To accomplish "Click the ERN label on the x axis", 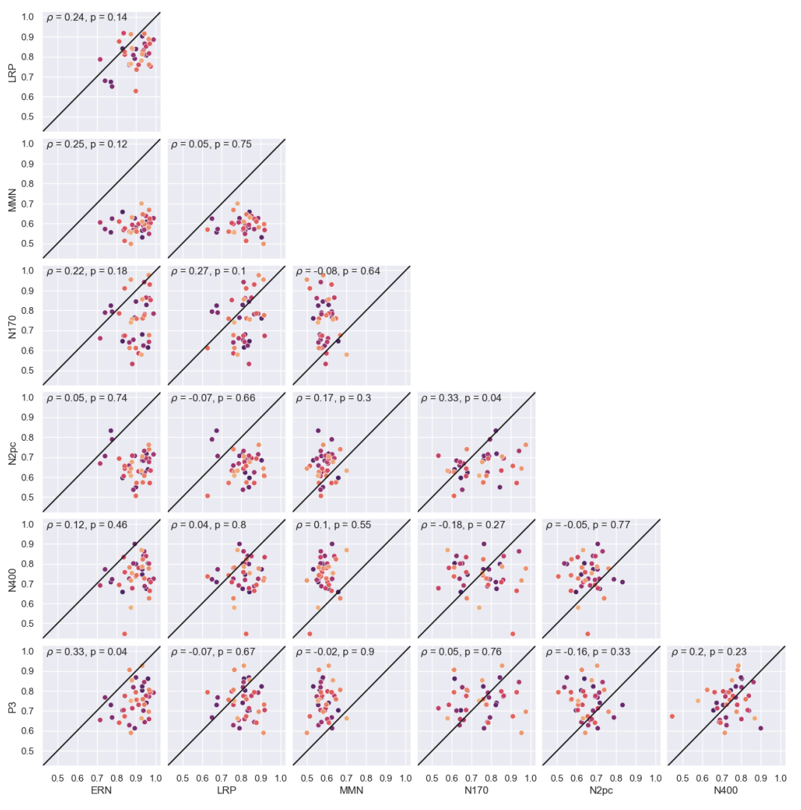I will [101, 793].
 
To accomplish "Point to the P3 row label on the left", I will [12, 702].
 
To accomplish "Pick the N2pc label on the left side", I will [12, 448].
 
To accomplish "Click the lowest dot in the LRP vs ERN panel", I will [136, 91].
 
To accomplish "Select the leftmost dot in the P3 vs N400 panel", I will [672, 716].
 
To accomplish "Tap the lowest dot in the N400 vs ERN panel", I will [125, 634].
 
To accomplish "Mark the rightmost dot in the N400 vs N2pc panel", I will [622, 582].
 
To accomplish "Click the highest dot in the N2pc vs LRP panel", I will [216, 430].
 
